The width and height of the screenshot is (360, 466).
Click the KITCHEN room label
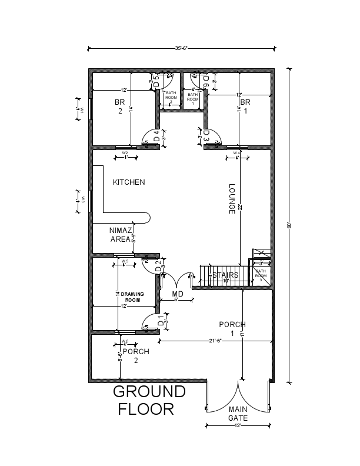coord(129,182)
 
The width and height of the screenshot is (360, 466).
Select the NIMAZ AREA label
coord(121,235)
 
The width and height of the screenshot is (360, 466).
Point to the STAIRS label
coord(225,275)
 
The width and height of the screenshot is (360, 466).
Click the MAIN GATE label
coord(238,414)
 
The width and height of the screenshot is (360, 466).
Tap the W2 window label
coord(125,153)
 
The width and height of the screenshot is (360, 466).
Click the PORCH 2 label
coord(136,355)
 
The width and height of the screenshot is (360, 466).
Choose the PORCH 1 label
coord(232,329)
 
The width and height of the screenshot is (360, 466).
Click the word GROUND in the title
coord(149,392)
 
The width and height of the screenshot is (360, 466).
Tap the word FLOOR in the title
coord(146,410)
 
